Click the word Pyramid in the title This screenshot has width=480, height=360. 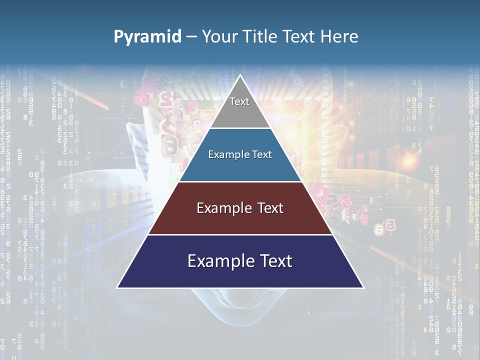pos(147,37)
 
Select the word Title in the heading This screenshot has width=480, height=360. pos(260,36)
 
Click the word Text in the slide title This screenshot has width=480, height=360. pos(299,36)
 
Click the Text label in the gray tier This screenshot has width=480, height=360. pos(239,101)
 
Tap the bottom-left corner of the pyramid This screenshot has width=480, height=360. pos(117,287)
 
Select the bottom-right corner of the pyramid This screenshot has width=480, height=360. pos(363,287)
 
